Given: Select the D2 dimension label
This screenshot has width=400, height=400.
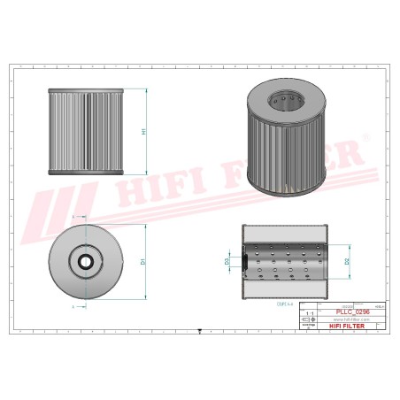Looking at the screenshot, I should pyautogui.click(x=346, y=262).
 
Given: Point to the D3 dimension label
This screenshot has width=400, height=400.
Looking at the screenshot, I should pyautogui.click(x=227, y=262).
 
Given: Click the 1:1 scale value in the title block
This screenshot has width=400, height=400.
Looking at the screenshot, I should pyautogui.click(x=309, y=313).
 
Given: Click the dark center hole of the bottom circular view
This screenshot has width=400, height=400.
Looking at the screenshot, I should pyautogui.click(x=85, y=262).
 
